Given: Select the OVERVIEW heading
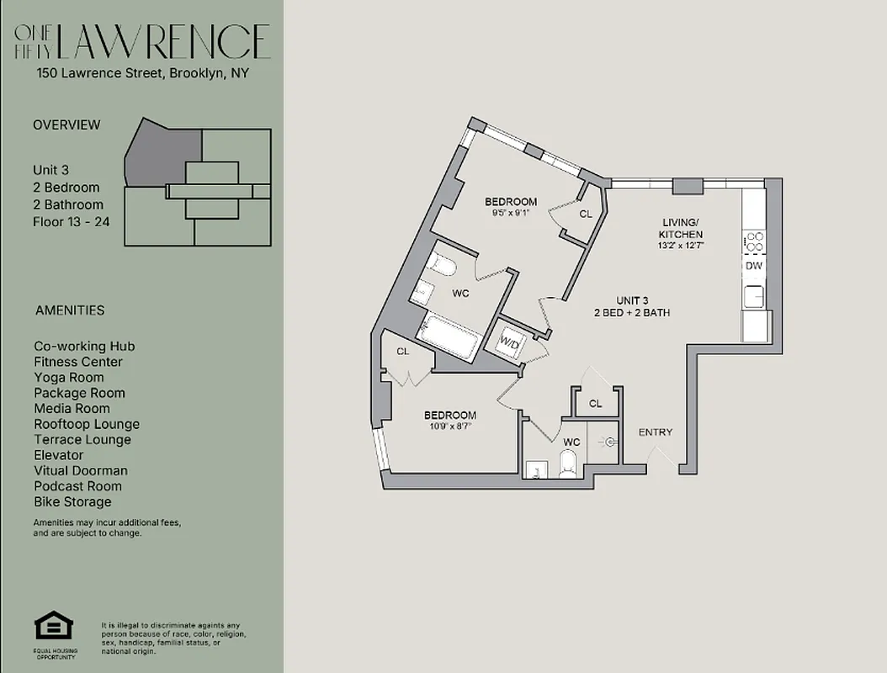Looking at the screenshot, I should (x=66, y=125).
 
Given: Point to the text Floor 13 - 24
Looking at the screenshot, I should (x=71, y=222).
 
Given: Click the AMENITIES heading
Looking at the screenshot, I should (x=70, y=310).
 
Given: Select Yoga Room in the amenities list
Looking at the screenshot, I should (x=69, y=378).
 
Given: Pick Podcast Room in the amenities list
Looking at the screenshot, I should (x=77, y=486).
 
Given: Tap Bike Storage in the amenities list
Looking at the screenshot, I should (x=72, y=502).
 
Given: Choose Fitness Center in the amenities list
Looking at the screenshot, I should (x=78, y=362).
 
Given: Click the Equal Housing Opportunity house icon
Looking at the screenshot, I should (x=53, y=627).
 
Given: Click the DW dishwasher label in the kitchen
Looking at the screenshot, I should (x=754, y=266).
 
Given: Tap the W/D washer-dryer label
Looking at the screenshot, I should (x=510, y=342).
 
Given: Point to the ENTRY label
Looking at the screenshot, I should (x=656, y=432).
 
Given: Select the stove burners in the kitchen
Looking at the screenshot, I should (x=754, y=242).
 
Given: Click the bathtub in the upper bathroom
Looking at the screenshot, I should (x=449, y=336).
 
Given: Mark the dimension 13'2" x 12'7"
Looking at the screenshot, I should (x=682, y=246).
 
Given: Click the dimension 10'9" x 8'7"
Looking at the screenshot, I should (x=450, y=427).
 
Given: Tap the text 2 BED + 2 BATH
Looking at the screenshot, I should (x=631, y=313).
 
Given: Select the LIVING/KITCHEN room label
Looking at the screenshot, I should (x=682, y=228).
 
